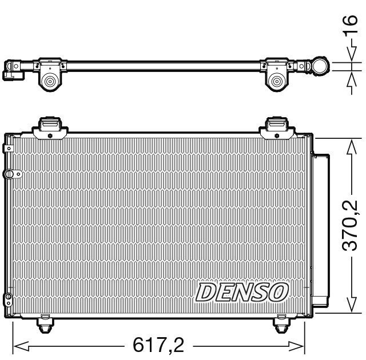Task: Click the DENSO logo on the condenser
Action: tap(241, 292)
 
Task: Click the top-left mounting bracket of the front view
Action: tap(49, 127)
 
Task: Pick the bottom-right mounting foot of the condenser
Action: tap(281, 325)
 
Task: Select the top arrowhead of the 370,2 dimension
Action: tap(350, 143)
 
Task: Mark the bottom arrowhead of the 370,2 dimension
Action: tap(350, 307)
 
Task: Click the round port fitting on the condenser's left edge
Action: tap(9, 174)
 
